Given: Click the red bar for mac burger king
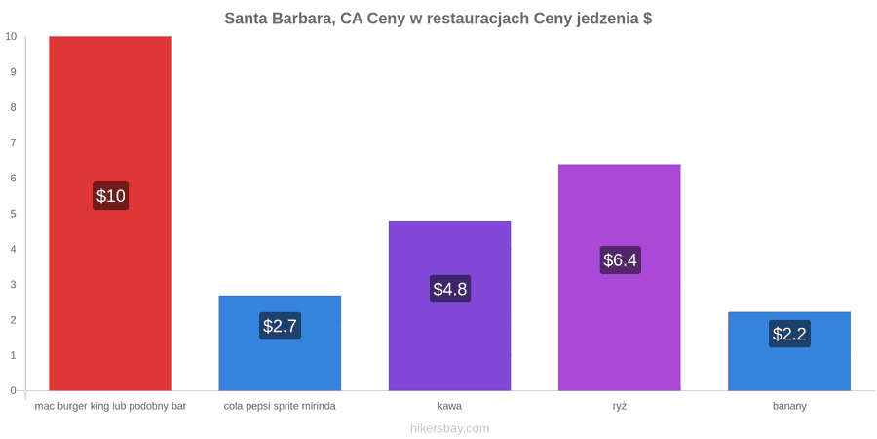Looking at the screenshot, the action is [110, 214].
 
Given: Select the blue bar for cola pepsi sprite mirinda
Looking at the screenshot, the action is [280, 342].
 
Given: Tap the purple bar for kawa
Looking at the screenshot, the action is [449, 305].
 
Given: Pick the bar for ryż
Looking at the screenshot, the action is [619, 277].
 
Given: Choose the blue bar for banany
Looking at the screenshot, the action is [789, 351].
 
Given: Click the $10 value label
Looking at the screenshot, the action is [111, 196].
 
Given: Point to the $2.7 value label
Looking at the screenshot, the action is [280, 325].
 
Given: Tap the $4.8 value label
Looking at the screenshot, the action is [449, 289].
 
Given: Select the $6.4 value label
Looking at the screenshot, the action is [620, 259].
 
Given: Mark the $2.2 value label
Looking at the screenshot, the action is [789, 334].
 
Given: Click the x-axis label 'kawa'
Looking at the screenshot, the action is [449, 406].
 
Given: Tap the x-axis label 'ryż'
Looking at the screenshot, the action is [619, 407].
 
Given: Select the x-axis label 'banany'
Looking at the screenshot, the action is [789, 407].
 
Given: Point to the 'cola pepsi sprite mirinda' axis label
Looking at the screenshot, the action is [280, 407].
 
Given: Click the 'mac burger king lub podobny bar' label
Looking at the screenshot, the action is [110, 407].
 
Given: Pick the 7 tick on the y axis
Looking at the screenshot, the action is [14, 142].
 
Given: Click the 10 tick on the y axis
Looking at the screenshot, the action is [11, 36].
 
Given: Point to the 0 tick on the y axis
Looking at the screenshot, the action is [14, 391].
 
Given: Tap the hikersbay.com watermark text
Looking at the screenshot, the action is [449, 429].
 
